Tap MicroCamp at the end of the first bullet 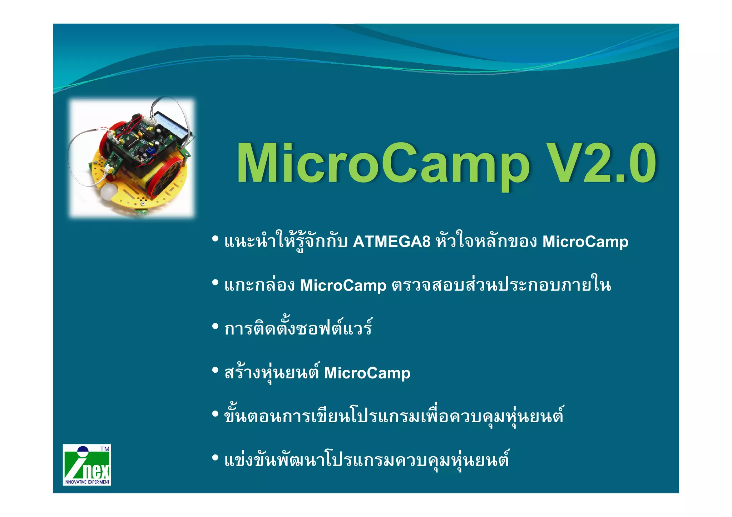click(585, 242)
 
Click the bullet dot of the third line click(215, 326)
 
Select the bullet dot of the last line click(215, 458)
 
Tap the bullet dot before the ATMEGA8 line click(215, 238)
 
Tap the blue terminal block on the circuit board click(151, 150)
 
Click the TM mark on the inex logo click(104, 449)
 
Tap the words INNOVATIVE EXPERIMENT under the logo click(87, 482)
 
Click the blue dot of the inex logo click(83, 451)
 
